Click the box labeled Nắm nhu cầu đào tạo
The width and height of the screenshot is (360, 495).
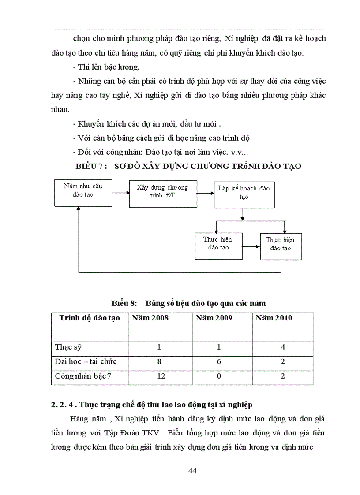click(83, 193)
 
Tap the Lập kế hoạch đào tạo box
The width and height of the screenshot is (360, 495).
click(244, 194)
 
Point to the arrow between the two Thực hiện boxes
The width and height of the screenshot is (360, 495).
click(251, 247)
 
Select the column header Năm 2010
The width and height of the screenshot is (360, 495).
click(274, 318)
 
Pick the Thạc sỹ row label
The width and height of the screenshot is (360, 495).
click(68, 347)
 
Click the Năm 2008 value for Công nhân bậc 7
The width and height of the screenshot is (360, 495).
click(159, 376)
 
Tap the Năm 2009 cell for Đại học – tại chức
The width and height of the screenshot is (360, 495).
click(219, 361)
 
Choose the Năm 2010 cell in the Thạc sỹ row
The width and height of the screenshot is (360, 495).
click(283, 347)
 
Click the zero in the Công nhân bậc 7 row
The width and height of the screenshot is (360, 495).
click(219, 376)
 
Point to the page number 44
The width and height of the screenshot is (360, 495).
click(192, 470)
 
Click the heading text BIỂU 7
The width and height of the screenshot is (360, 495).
click(91, 166)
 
